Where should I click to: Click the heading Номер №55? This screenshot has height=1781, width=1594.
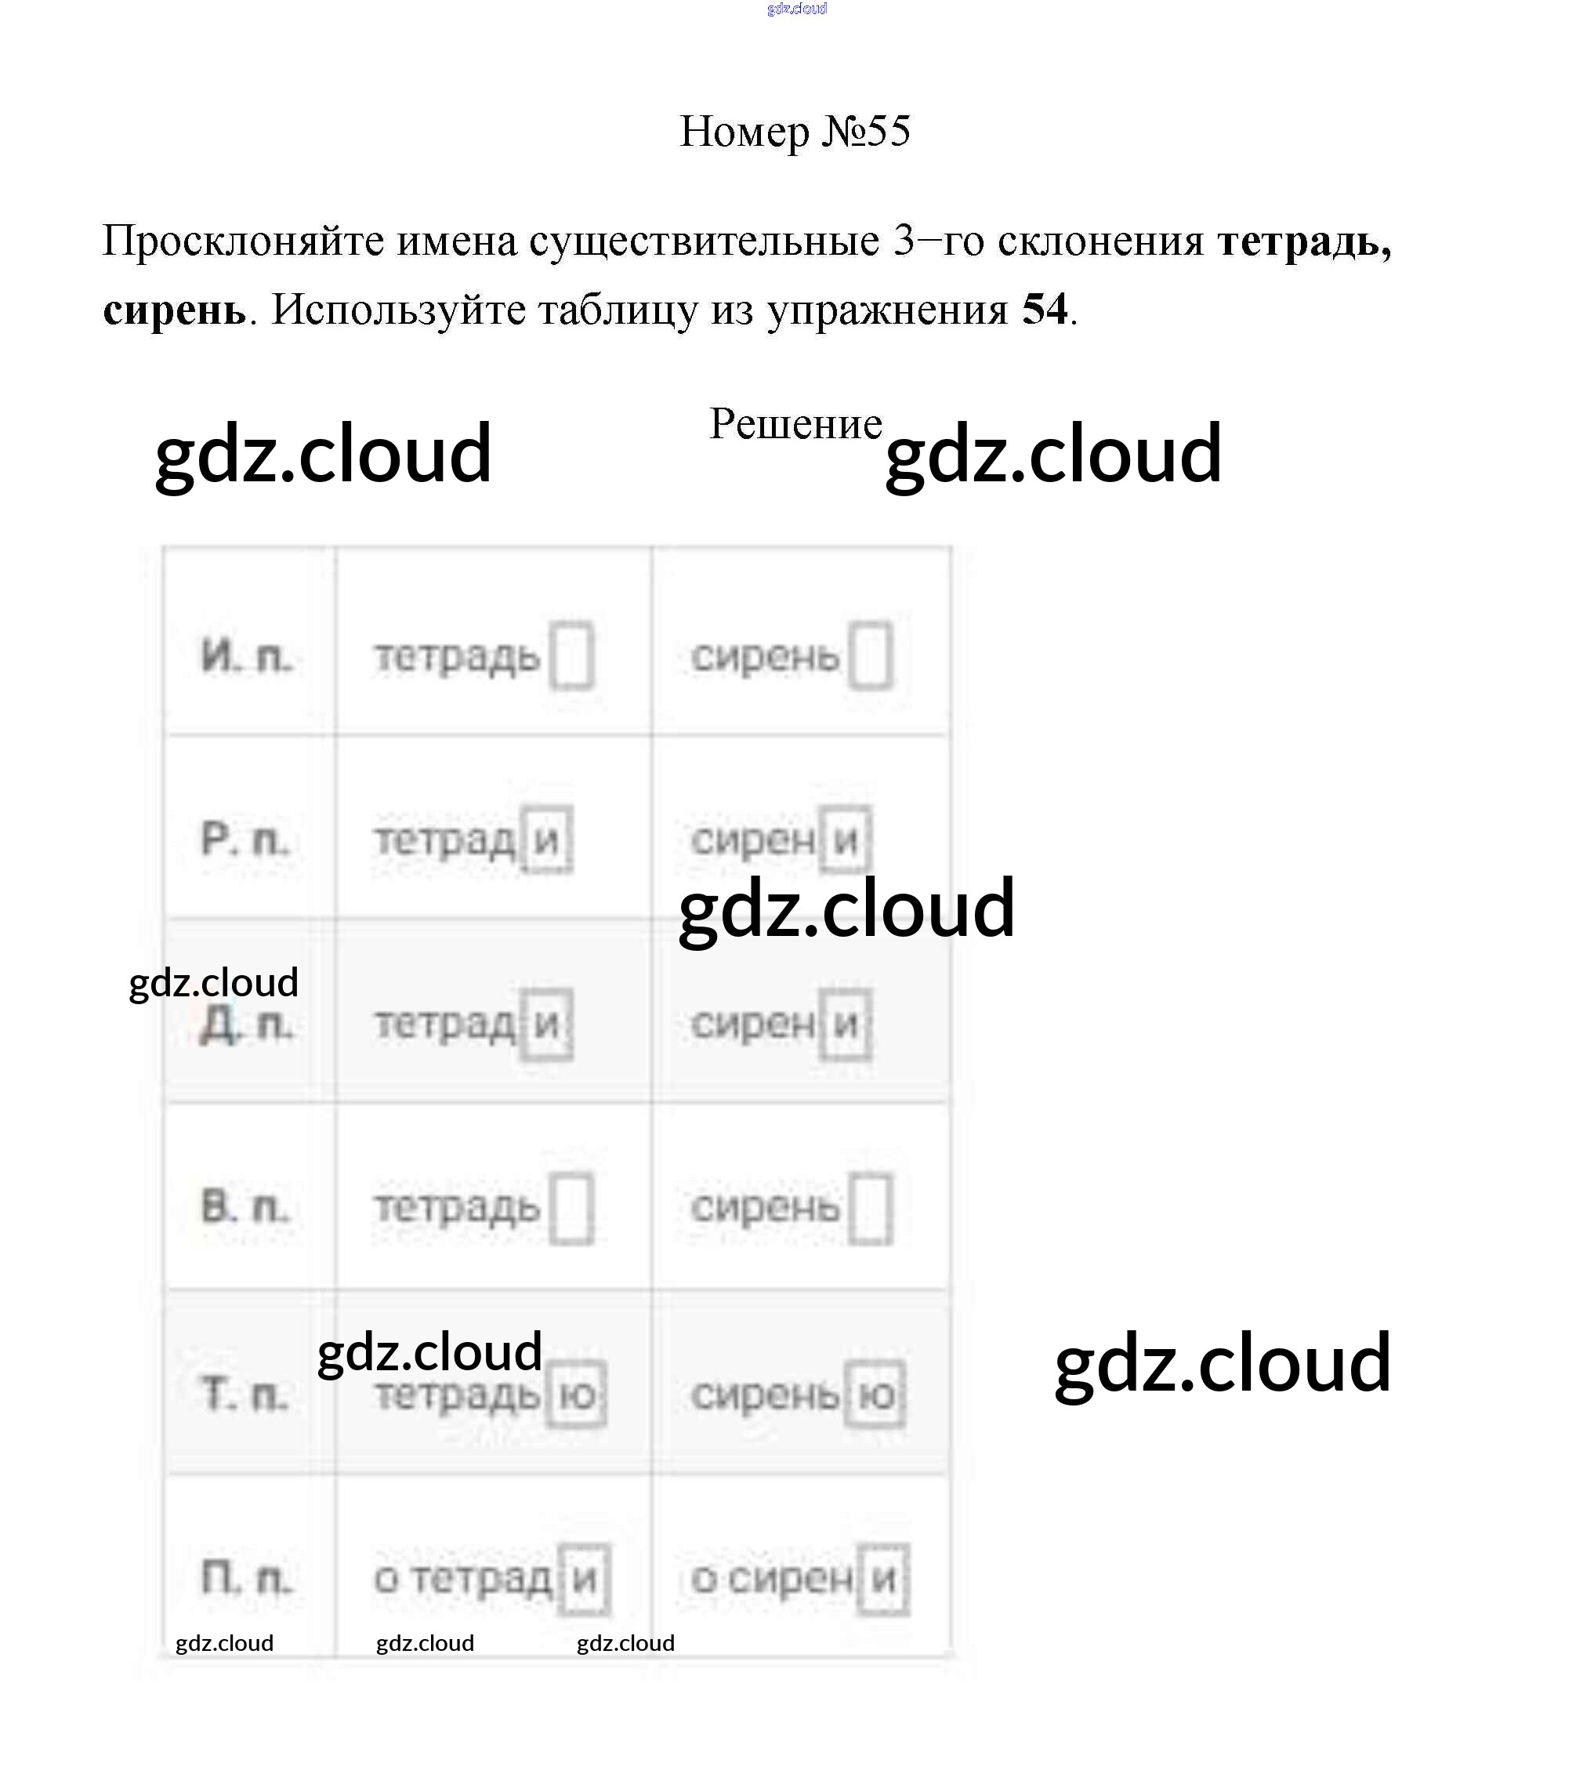(x=795, y=132)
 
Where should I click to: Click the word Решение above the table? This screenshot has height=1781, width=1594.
(x=795, y=424)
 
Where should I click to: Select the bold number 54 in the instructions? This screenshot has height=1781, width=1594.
(x=1044, y=309)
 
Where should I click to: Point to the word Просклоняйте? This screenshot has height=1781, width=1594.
(x=243, y=241)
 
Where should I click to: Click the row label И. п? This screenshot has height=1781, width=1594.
(x=246, y=656)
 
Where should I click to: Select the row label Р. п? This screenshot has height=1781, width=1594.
(x=245, y=840)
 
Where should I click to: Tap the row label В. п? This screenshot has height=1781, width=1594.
(x=245, y=1206)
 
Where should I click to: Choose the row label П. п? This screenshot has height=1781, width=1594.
(x=246, y=1578)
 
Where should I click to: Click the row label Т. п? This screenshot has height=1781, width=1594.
(x=245, y=1393)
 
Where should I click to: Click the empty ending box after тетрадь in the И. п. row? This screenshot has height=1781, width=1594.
(x=571, y=655)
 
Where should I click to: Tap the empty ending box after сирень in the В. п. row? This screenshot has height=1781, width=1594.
(x=871, y=1208)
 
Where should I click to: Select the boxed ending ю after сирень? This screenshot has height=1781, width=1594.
(x=875, y=1394)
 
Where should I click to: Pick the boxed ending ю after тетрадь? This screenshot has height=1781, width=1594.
(x=576, y=1394)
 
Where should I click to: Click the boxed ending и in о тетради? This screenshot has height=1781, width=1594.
(x=583, y=1579)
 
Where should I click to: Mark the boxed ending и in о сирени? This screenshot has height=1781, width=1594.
(x=883, y=1579)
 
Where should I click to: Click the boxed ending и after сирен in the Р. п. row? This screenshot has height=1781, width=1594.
(x=845, y=840)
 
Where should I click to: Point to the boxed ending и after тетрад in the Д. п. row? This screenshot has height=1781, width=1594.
(x=546, y=1023)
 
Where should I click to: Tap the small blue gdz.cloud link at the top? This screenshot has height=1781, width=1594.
(x=796, y=9)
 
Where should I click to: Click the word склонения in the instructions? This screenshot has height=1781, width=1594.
(x=1100, y=241)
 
